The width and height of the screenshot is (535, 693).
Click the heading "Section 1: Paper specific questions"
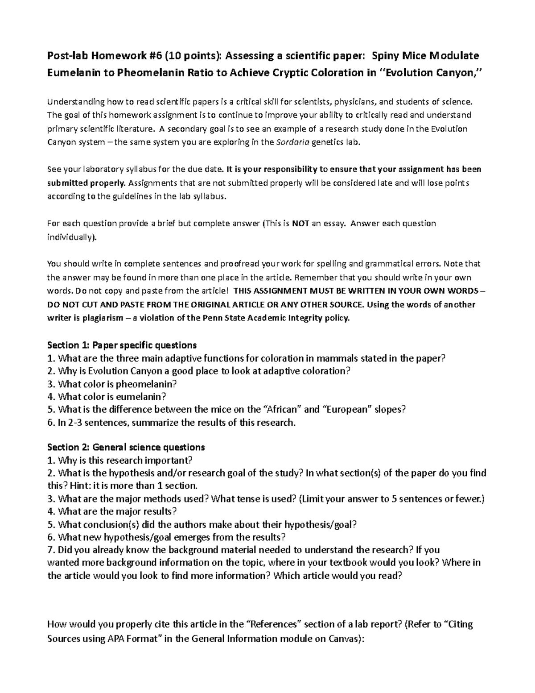click(122, 345)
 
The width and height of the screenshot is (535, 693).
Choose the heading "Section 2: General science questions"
click(126, 447)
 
